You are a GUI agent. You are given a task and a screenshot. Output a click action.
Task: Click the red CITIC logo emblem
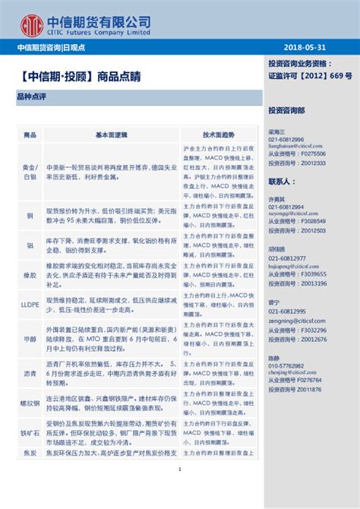tap(31, 24)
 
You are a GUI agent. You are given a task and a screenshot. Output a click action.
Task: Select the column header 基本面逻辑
tap(112, 134)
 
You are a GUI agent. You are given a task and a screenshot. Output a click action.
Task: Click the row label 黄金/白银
tap(30, 171)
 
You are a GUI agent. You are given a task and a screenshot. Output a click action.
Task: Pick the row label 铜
tap(30, 216)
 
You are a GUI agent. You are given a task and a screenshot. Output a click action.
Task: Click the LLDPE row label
tap(30, 302)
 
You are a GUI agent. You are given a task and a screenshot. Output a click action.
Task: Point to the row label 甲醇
tap(30, 337)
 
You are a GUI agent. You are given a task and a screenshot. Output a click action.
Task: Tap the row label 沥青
tap(30, 374)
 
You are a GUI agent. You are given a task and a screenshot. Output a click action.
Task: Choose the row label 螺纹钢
tap(30, 403)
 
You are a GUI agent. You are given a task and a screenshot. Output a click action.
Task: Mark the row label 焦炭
tap(30, 454)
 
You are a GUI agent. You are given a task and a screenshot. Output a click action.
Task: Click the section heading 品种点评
tap(32, 97)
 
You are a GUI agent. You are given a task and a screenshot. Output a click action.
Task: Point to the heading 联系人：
tap(282, 182)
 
